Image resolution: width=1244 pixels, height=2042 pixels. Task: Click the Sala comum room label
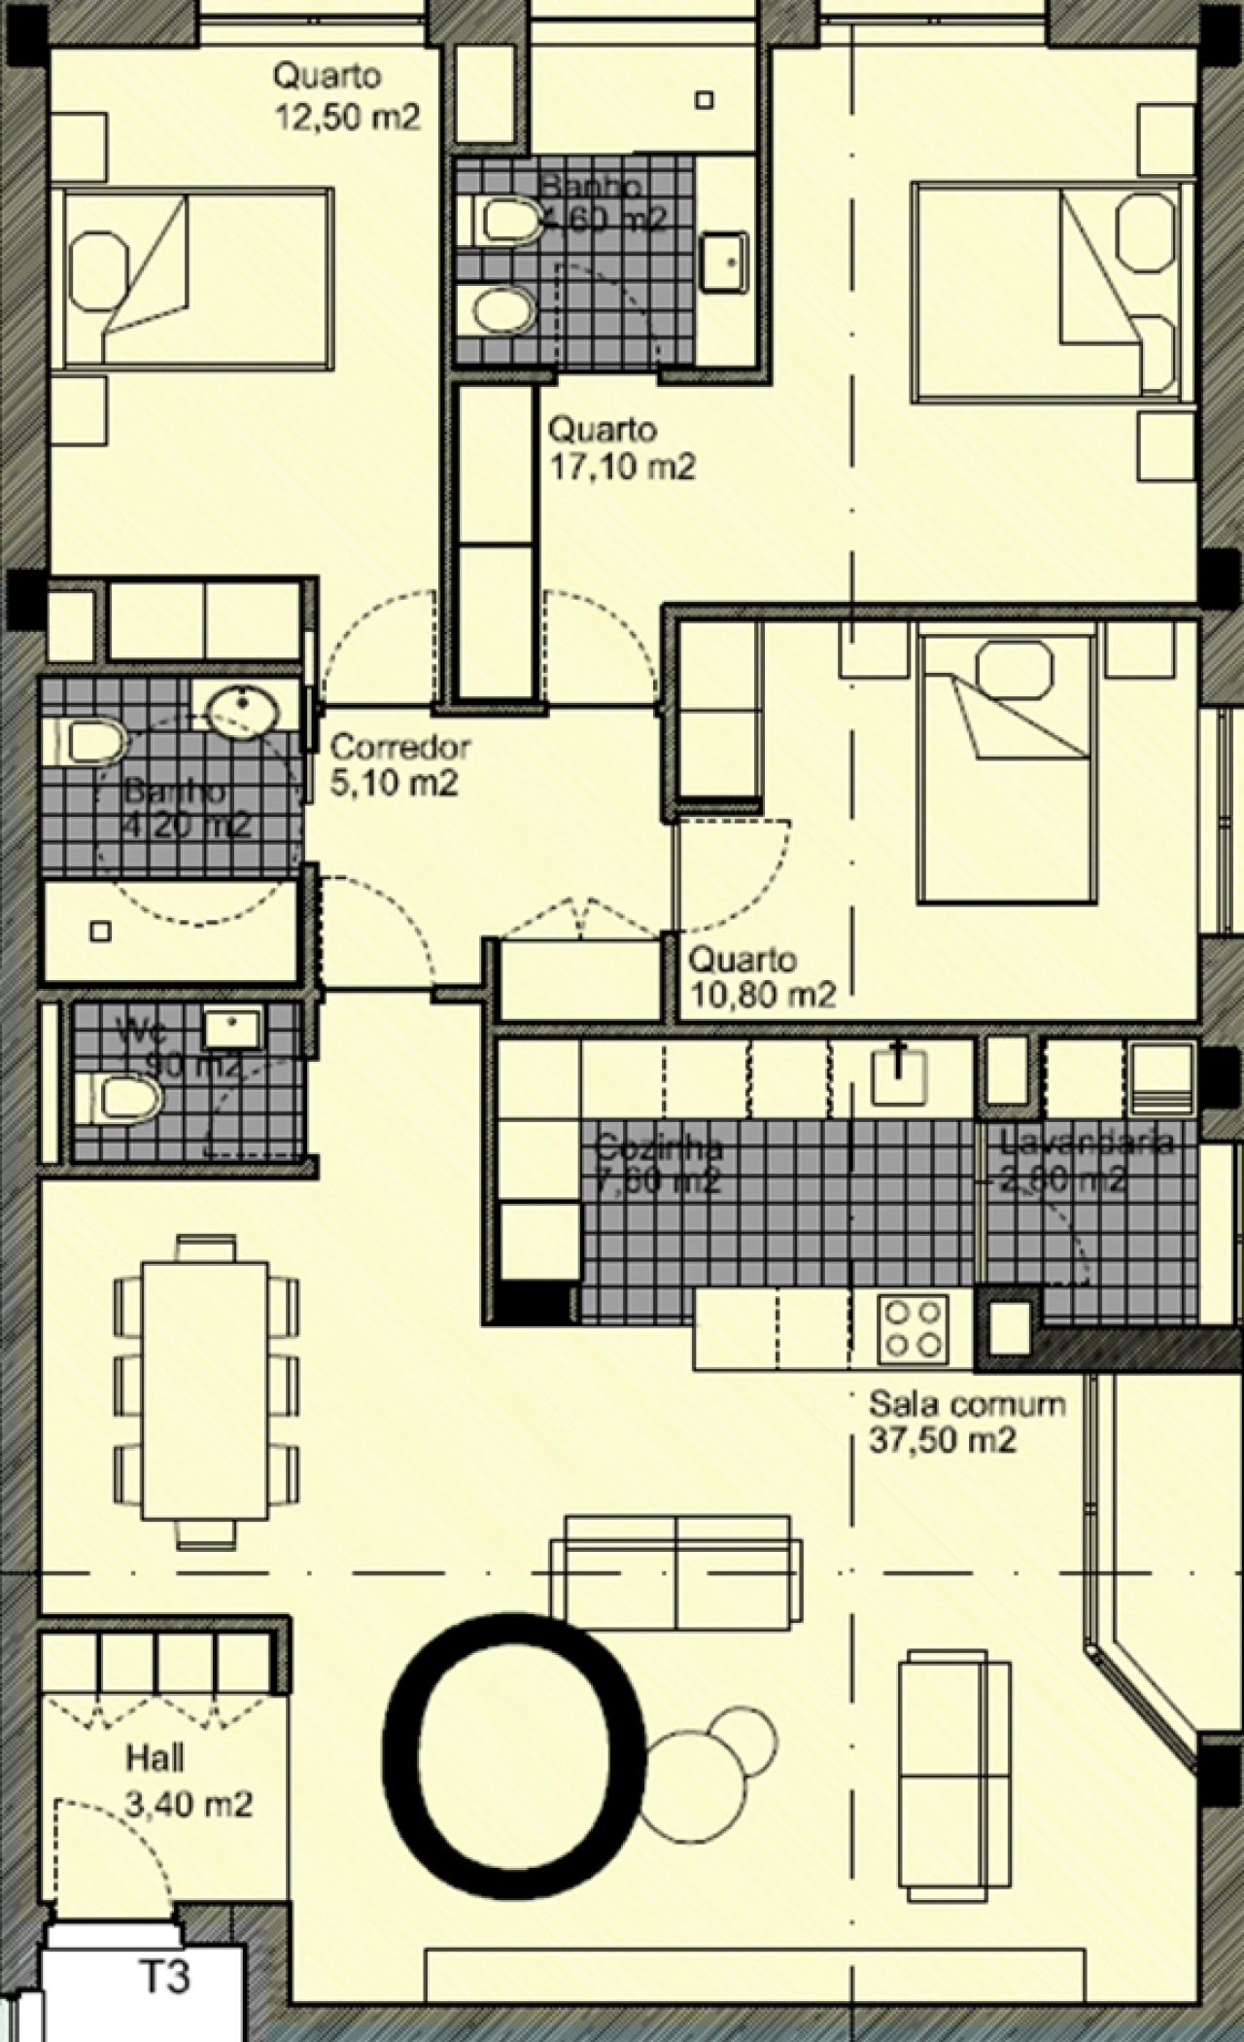click(966, 1404)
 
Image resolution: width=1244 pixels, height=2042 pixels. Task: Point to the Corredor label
click(400, 747)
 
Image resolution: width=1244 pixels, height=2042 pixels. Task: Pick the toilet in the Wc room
click(122, 1100)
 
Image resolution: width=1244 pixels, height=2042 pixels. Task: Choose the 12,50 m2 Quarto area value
click(348, 118)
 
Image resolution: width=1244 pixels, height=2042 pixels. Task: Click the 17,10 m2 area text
click(622, 468)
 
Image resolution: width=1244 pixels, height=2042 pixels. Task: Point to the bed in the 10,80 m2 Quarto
click(1006, 768)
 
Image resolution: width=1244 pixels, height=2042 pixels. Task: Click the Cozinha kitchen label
click(659, 1147)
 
